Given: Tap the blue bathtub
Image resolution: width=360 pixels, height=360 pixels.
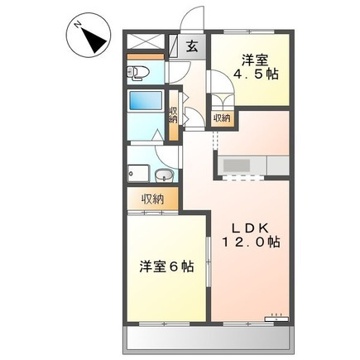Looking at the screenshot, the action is (146, 100).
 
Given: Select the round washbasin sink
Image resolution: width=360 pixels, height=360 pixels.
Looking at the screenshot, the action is (164, 175).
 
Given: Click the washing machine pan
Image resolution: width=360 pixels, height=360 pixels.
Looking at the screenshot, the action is (138, 173).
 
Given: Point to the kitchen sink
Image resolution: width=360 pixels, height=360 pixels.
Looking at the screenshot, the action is (236, 166).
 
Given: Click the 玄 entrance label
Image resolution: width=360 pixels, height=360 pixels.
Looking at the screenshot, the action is (192, 46).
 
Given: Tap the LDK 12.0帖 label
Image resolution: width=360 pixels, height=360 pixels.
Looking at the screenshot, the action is (251, 234).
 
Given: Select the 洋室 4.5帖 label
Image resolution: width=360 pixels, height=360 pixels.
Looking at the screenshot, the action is (256, 67).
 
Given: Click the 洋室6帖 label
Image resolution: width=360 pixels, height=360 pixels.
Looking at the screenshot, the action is (166, 266).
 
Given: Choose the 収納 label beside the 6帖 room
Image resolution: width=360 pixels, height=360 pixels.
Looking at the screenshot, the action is (153, 199).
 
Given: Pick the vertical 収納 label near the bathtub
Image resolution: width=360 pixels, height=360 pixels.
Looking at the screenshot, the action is (173, 116).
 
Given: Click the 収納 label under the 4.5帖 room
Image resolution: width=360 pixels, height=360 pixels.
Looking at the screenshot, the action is (222, 118).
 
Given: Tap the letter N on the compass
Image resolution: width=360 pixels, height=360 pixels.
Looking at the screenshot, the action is (79, 26).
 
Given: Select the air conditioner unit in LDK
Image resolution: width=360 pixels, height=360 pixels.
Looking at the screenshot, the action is (276, 319).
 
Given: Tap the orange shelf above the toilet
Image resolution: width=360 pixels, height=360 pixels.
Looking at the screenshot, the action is (146, 56).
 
